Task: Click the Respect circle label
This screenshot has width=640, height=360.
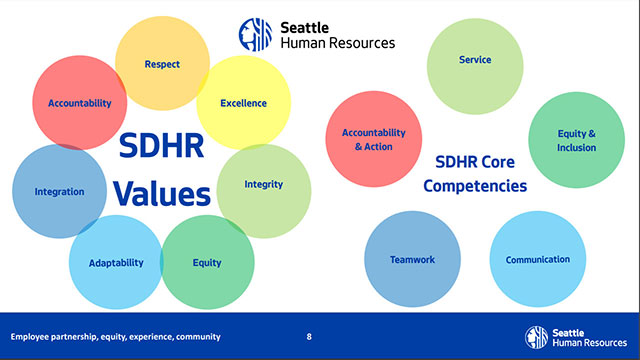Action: (x=162, y=65)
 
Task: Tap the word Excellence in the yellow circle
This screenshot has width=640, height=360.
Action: (x=243, y=103)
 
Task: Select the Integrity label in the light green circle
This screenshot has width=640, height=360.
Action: (x=263, y=184)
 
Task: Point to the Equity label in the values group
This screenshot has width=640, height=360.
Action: (x=207, y=263)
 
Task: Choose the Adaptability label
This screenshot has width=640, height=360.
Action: (x=116, y=263)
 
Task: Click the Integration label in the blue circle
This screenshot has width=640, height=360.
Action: (x=59, y=191)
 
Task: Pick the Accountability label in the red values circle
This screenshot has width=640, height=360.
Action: (x=79, y=103)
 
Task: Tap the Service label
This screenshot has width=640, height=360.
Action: (x=475, y=60)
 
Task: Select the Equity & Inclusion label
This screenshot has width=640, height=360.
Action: (x=577, y=141)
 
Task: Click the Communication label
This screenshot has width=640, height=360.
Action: (x=537, y=260)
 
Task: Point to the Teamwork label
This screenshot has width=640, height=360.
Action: (x=412, y=260)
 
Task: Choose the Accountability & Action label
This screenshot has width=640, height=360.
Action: (x=374, y=140)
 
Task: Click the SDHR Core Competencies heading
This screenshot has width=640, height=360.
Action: (x=481, y=173)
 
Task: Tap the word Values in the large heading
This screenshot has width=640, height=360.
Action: (x=161, y=191)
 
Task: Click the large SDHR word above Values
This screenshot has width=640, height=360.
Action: (x=161, y=147)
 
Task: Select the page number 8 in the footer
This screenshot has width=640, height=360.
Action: (x=309, y=336)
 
